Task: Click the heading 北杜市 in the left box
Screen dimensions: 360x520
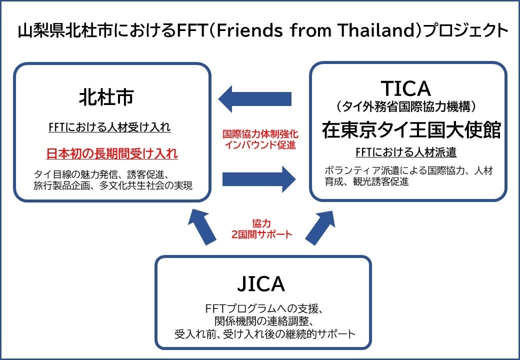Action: pos(106,97)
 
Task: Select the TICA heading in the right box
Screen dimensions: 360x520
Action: pos(405,88)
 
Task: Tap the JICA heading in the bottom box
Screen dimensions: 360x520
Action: pos(261,284)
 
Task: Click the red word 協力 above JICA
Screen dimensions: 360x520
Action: pos(261,223)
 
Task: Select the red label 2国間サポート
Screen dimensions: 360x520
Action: pos(261,234)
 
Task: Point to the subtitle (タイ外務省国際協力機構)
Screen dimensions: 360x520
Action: pos(405,106)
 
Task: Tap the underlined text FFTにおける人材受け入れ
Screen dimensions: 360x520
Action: pos(109,127)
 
